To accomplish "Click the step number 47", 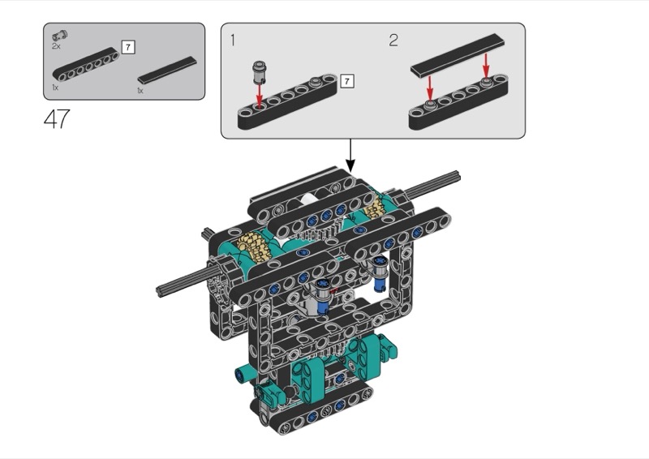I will (57, 120).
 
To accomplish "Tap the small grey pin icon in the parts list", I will (59, 36).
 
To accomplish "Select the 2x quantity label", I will (56, 47).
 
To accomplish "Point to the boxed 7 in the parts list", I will (128, 46).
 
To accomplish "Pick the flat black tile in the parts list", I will (167, 70).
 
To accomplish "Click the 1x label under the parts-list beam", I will (54, 86).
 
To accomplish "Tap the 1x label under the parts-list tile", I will (140, 90).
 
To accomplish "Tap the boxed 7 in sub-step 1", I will (347, 81).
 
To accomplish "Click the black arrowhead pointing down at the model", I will (350, 165).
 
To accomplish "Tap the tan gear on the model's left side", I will (253, 245).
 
